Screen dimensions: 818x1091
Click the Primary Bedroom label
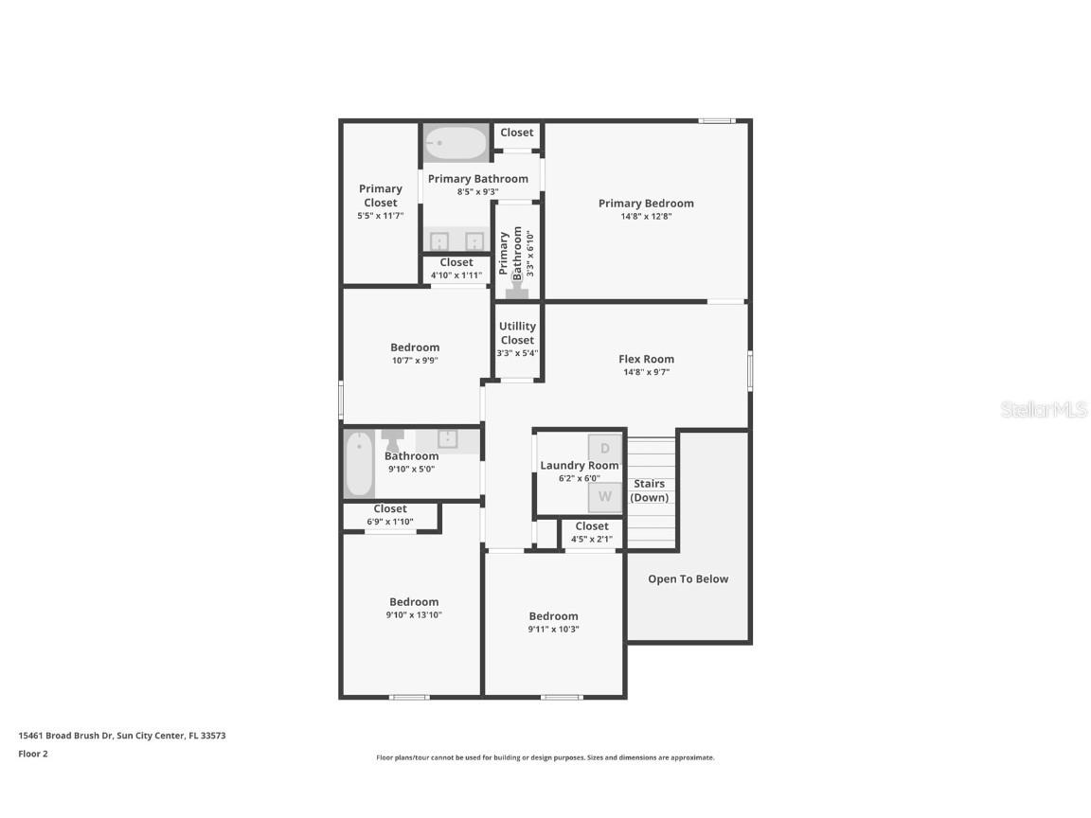point(646,204)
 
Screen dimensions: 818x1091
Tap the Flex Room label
point(646,359)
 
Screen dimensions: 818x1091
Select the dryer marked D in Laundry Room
point(605,449)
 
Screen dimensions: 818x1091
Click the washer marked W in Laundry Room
point(605,497)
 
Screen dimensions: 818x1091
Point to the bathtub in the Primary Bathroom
point(456,144)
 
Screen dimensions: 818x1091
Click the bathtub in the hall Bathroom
point(360,464)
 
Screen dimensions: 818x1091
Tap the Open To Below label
point(688,579)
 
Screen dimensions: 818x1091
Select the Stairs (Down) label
point(650,490)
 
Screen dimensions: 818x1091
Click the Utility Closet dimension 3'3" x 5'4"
point(517,353)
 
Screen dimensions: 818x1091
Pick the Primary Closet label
point(380,195)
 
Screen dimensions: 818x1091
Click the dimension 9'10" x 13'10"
point(414,614)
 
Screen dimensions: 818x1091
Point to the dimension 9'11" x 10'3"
point(554,629)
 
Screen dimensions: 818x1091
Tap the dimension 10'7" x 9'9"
point(415,360)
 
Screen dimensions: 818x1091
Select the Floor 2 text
point(33,754)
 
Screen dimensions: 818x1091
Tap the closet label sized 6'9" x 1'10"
point(390,509)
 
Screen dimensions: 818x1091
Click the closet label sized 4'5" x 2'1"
point(592,526)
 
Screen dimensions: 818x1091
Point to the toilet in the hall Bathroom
point(393,440)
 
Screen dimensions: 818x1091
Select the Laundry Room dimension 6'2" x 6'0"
point(579,478)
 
